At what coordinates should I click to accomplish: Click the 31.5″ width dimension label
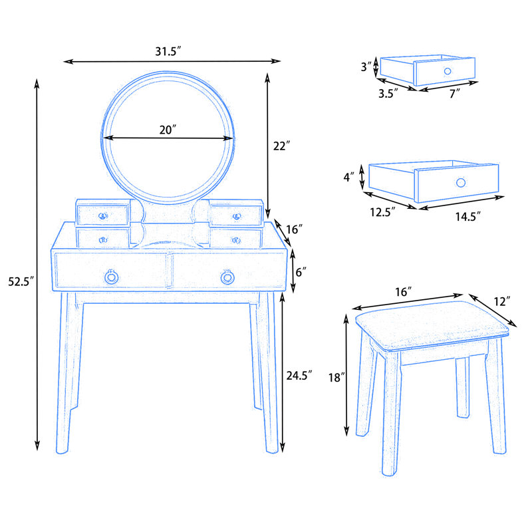click(168, 52)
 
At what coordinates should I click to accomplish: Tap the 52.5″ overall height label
click(21, 281)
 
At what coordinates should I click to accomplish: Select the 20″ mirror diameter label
click(168, 130)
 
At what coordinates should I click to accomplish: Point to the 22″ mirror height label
click(281, 146)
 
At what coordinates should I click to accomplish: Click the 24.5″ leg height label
click(299, 376)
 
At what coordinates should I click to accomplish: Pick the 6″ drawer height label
click(301, 272)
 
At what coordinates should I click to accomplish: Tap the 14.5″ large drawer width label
click(468, 217)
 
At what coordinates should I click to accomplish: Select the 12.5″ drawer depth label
click(383, 212)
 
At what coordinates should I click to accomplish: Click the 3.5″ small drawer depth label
click(388, 94)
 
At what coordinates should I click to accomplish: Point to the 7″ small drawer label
click(455, 94)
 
